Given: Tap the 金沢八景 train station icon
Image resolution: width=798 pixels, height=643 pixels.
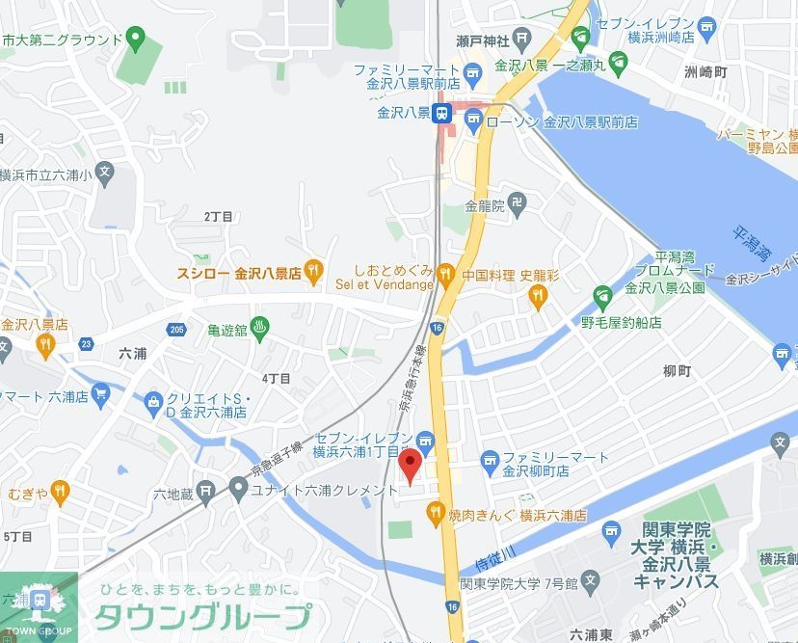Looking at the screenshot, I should point(441,114).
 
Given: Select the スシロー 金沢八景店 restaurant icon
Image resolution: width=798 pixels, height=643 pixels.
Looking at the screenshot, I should point(313,273).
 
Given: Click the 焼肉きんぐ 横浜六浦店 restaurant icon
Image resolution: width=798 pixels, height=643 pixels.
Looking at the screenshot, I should point(436,511).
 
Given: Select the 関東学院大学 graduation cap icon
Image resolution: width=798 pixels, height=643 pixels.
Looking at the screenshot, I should point(609,530).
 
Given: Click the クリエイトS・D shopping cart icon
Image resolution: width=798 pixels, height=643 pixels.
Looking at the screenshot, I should point(152,400).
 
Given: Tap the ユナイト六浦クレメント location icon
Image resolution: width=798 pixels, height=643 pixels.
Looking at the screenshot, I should point(237,490).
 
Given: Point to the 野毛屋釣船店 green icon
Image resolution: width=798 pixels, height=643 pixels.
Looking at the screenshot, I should point(603,296).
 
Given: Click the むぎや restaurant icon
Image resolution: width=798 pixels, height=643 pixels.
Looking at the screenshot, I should point(60,492).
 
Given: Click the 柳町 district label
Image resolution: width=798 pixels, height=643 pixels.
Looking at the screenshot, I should point(678,371).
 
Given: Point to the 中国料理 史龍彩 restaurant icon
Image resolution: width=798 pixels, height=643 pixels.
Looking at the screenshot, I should point(538,296).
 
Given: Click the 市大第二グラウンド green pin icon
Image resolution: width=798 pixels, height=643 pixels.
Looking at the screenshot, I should point(135,40).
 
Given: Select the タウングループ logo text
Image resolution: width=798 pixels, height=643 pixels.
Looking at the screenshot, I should point(202,616).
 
